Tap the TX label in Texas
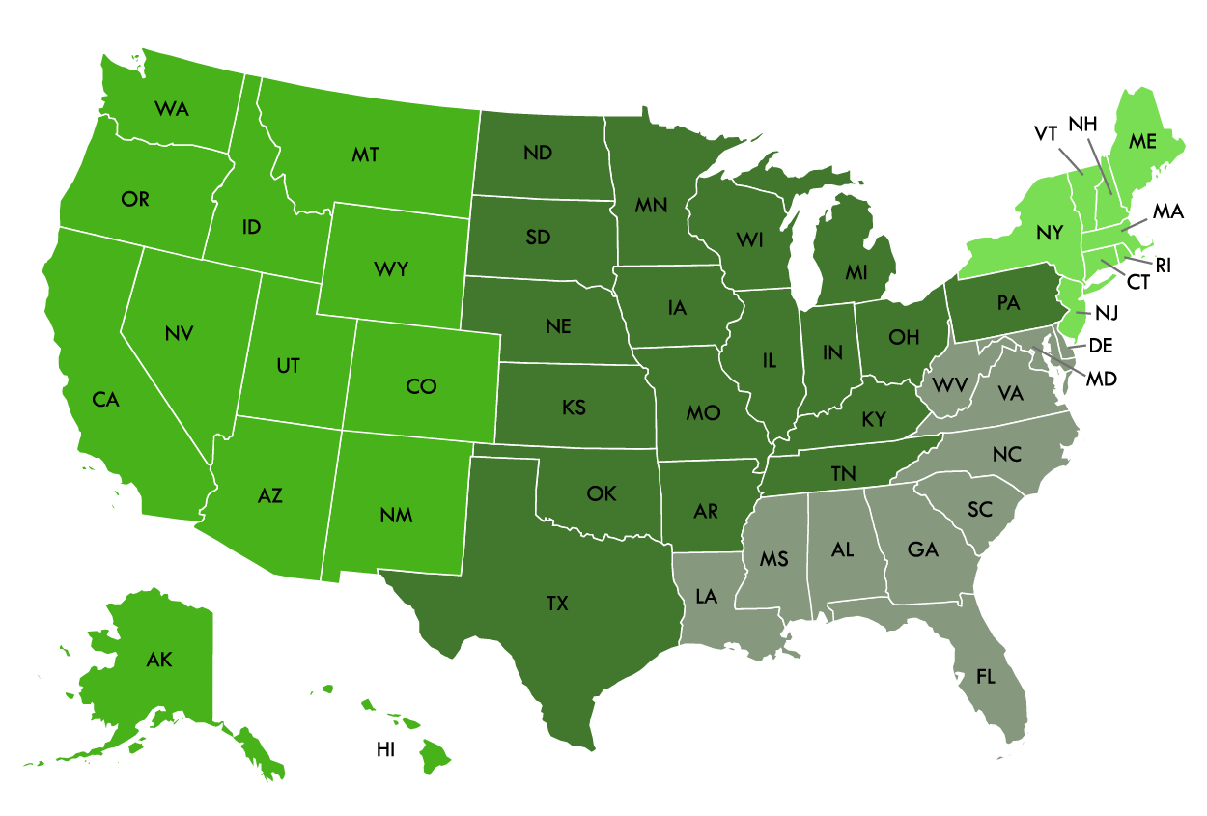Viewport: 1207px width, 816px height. click(557, 604)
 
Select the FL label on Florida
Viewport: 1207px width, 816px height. click(985, 677)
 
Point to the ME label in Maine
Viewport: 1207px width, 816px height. click(1142, 141)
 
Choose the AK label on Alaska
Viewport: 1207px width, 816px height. click(159, 661)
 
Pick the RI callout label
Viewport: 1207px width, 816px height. click(1163, 265)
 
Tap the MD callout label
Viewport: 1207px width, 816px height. click(1101, 379)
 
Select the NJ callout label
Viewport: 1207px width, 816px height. click(1108, 313)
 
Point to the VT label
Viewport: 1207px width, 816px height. click(1046, 134)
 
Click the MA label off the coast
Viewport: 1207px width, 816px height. click(1168, 211)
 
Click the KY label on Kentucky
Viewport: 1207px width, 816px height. click(873, 420)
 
